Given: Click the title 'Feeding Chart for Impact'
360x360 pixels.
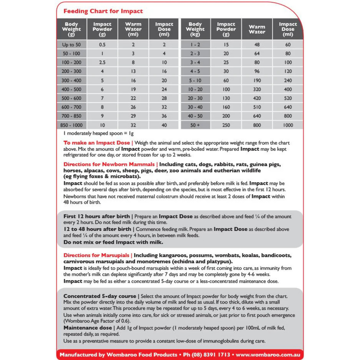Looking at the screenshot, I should (103, 11).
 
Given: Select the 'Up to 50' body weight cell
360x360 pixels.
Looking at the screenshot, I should (71, 45).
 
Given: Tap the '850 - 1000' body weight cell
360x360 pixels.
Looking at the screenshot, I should (71, 125).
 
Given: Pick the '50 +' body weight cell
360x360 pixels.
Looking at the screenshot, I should (195, 125).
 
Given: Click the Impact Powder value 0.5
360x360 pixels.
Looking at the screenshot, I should (102, 45).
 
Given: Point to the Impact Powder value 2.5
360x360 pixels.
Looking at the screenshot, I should (102, 63).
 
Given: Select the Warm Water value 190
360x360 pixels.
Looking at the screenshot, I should (257, 80).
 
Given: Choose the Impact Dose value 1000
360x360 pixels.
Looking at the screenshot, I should (288, 125).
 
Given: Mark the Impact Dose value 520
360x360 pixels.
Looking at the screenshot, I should (288, 98).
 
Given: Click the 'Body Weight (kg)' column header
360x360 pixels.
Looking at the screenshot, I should (195, 29).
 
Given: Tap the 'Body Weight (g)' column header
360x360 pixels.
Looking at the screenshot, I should (71, 29).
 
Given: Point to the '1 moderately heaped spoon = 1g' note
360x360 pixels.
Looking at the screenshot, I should (98, 134).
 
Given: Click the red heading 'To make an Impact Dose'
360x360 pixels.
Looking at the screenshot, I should (97, 143).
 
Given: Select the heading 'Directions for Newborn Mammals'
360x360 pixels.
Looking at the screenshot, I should (109, 164).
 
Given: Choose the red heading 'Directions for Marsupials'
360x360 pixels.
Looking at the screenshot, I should (97, 255).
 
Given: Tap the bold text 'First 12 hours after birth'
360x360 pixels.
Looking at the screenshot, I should (97, 216).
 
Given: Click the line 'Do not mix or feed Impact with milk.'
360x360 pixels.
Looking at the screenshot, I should (113, 242).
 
